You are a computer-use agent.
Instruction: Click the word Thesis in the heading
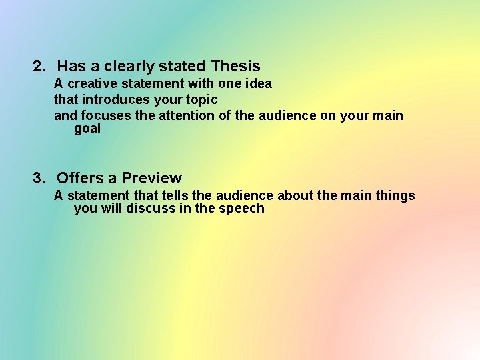pyautogui.click(x=235, y=66)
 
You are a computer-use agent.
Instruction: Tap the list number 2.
pyautogui.click(x=39, y=66)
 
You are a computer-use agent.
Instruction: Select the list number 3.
pyautogui.click(x=39, y=178)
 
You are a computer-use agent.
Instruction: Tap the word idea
pyautogui.click(x=258, y=83)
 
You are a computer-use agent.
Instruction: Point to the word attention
pyautogui.click(x=185, y=115)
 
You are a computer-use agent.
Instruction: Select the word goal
pyautogui.click(x=87, y=129)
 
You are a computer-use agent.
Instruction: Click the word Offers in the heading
pyautogui.click(x=80, y=178)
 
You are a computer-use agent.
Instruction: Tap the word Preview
pyautogui.click(x=151, y=178)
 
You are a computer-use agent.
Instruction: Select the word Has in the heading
pyautogui.click(x=69, y=66)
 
